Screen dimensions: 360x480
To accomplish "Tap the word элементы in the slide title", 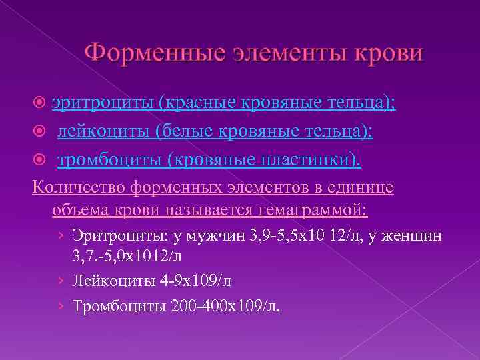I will click(x=268, y=52).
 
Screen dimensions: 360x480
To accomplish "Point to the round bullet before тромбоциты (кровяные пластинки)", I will click(x=39, y=161).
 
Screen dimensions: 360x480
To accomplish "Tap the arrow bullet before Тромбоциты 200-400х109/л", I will click(x=61, y=305).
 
